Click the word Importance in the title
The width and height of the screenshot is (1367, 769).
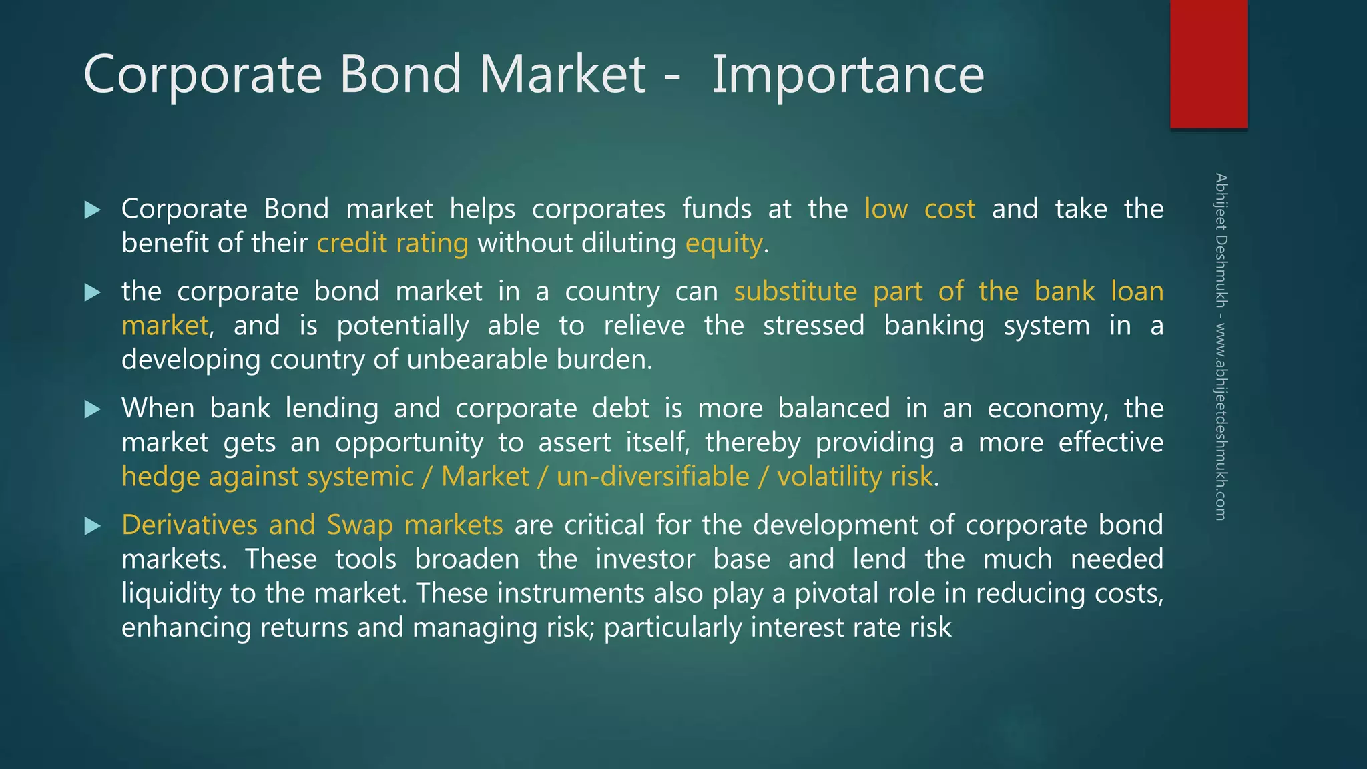[x=848, y=75]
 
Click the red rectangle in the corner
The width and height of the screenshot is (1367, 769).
[x=1208, y=64]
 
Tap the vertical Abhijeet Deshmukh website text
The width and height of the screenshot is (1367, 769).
[x=1221, y=347]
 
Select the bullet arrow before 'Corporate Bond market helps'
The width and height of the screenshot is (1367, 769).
[x=93, y=210]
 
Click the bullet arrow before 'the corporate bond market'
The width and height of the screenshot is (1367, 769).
[x=93, y=292]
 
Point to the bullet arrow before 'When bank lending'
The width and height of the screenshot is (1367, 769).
[x=93, y=409]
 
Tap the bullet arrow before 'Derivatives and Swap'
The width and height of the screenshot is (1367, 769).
[x=93, y=526]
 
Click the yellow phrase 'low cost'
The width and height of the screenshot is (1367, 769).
[x=919, y=209]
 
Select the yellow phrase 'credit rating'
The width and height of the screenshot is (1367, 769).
[x=392, y=243]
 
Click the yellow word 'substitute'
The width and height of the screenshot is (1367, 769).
[x=796, y=292]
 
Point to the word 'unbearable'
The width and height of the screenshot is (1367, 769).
[x=477, y=360]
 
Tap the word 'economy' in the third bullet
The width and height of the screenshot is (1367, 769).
[x=1046, y=409]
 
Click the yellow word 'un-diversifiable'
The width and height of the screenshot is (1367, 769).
[x=653, y=477]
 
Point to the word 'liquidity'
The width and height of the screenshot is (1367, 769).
[x=172, y=594]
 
